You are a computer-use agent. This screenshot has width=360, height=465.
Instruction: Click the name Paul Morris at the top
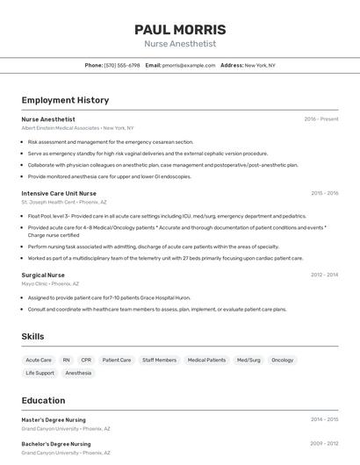180,29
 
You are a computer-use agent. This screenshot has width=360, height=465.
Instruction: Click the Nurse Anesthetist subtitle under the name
180,44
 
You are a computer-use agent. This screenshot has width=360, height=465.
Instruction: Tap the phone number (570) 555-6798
122,66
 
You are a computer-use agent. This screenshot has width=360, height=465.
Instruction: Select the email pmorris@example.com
189,66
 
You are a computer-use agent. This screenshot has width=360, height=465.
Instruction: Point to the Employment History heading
65,100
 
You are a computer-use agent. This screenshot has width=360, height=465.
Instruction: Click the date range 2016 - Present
321,119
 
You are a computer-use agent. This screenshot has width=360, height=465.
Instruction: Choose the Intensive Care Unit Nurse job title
59,193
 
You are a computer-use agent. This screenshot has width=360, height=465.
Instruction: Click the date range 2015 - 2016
324,193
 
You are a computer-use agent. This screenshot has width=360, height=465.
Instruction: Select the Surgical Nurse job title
43,275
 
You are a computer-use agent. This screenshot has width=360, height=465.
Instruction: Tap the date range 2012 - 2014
324,275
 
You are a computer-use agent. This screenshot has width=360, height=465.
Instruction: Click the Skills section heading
33,337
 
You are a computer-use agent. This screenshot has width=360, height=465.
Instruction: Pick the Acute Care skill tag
39,360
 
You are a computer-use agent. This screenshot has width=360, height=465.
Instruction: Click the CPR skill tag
86,360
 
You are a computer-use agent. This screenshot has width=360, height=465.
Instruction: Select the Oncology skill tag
283,360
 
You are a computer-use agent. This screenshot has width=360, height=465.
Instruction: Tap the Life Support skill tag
40,373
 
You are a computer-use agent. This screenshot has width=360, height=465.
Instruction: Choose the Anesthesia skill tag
78,373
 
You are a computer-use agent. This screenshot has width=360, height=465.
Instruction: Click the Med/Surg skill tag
248,360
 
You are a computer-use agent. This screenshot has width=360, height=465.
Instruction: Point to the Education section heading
44,400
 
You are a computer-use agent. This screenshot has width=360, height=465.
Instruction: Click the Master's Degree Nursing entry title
54,419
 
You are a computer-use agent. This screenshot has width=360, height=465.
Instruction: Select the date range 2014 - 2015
324,419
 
